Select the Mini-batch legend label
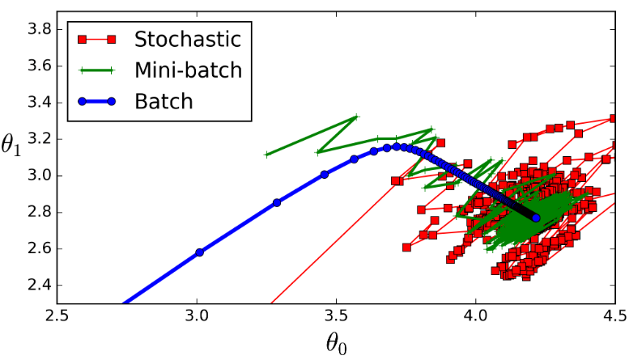189,70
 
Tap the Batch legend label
164,102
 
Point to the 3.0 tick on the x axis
197,319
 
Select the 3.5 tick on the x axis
336,319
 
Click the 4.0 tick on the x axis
475,319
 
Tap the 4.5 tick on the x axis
614,319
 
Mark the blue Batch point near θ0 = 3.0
199,252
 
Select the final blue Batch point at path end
535,218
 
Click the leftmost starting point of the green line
267,155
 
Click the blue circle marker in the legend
95,102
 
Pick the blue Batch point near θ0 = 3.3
276,202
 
